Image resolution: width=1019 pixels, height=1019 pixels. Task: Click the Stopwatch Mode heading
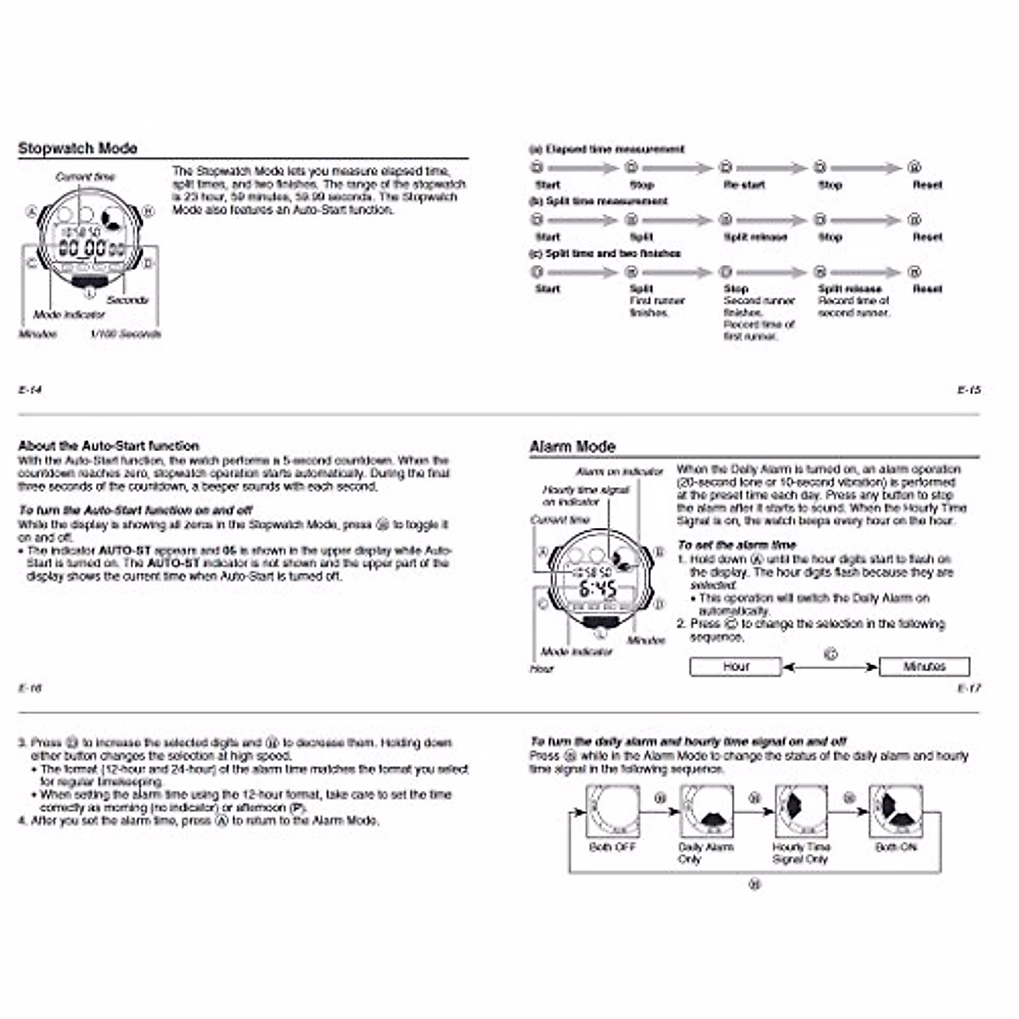[x=77, y=149]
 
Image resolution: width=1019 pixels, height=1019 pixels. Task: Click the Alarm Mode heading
[x=571, y=447]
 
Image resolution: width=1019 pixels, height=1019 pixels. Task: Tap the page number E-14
[x=30, y=390]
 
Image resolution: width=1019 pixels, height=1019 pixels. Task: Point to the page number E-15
[x=968, y=390]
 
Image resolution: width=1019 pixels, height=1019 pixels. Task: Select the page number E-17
[x=968, y=688]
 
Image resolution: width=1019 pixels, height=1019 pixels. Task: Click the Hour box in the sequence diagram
[x=735, y=667]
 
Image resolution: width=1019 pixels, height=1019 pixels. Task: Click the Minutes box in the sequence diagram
[x=924, y=667]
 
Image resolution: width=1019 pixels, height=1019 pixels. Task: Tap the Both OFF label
[x=612, y=847]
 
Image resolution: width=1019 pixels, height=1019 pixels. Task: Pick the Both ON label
[x=896, y=847]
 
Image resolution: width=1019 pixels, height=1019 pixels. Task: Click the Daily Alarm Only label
[x=706, y=853]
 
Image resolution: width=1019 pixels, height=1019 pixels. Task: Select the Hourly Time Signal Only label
[x=801, y=853]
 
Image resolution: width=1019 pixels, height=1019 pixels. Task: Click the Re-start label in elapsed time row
[x=744, y=184]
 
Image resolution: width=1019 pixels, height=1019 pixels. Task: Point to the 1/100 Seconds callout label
[x=126, y=334]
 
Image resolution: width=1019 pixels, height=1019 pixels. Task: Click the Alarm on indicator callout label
[x=619, y=471]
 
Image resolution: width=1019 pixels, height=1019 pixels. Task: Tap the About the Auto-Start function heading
[x=109, y=446]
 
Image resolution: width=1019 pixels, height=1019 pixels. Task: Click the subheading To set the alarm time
[x=736, y=544]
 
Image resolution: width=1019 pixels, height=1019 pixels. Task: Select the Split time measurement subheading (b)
[x=599, y=201]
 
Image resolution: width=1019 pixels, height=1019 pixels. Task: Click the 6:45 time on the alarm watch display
[x=598, y=588]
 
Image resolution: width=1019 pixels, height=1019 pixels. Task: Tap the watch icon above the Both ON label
[x=896, y=810]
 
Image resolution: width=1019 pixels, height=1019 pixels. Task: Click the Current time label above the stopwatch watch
[x=85, y=177]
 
